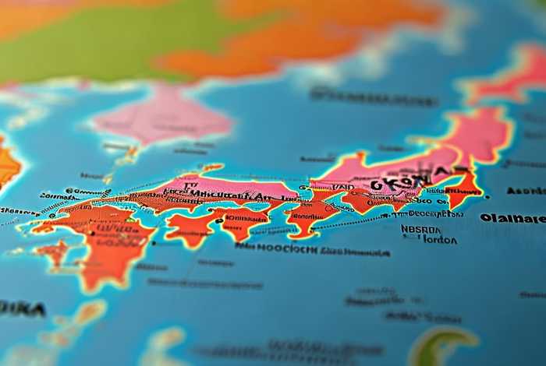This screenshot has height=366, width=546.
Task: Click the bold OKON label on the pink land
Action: [x=399, y=184]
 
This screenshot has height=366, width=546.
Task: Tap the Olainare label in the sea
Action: [x=512, y=218]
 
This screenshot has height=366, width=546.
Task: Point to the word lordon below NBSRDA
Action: [x=439, y=241]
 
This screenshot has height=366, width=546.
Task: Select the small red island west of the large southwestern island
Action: [x=55, y=251]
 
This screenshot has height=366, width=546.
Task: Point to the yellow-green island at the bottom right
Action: [x=445, y=343]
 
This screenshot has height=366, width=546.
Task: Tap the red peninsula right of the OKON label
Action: [x=465, y=187]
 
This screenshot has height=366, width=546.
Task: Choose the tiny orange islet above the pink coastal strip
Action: [x=211, y=167]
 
